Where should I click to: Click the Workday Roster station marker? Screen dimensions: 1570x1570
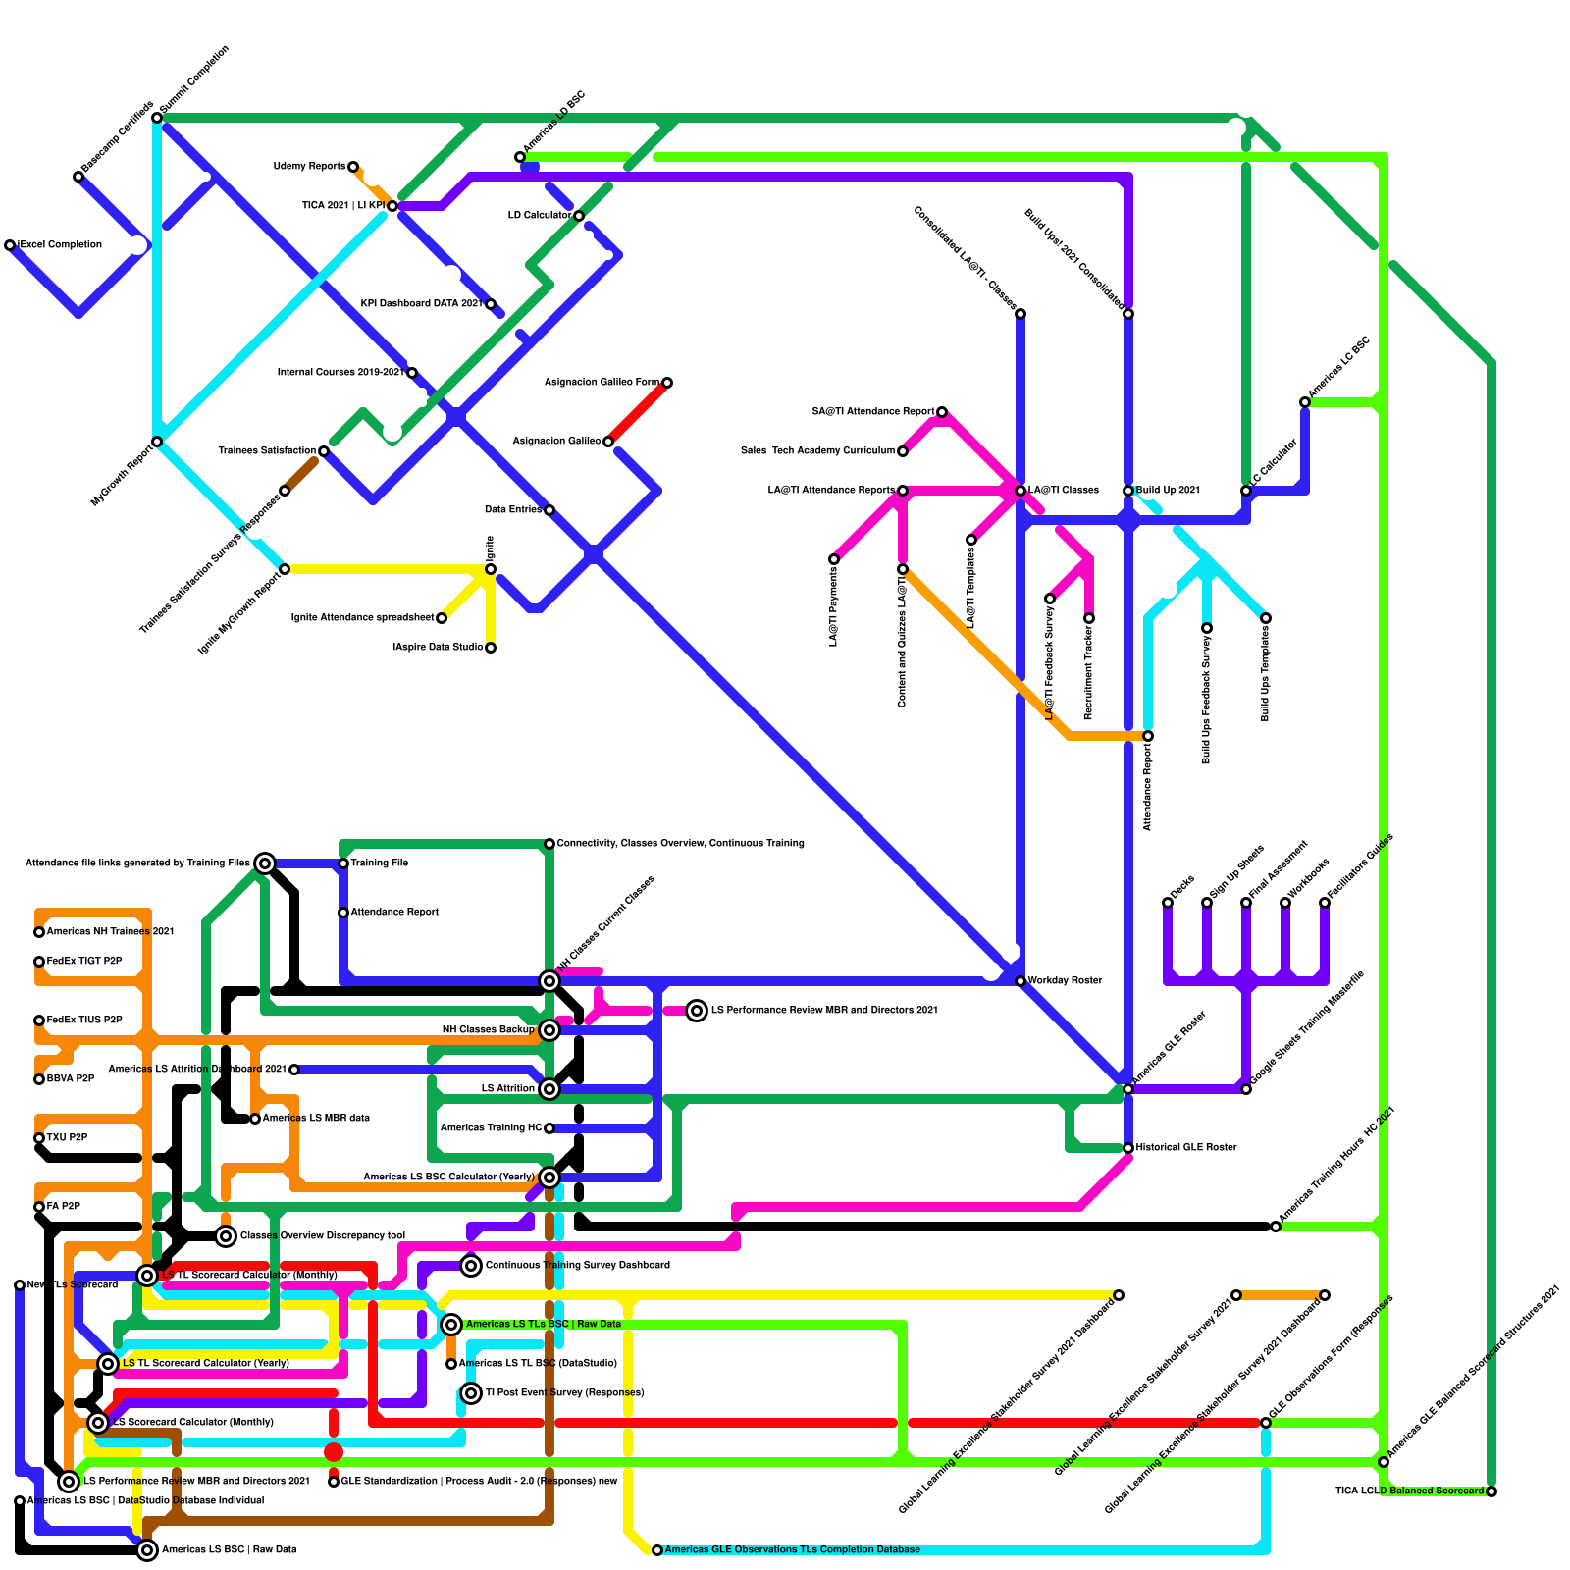tap(1020, 981)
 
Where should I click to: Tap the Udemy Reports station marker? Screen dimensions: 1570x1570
tap(353, 167)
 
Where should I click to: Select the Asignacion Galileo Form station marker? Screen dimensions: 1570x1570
tap(667, 383)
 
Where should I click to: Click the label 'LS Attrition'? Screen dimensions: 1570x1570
tap(507, 1089)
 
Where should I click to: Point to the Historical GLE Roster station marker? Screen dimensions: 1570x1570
tap(1128, 1148)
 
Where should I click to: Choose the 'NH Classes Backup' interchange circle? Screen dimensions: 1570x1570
tap(549, 1030)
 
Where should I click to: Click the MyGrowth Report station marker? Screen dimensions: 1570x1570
tap(157, 442)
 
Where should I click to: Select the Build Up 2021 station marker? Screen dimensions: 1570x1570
tap(1128, 491)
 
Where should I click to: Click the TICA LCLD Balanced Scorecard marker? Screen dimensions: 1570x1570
tap(1491, 1491)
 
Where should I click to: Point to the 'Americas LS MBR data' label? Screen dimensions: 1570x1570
tap(316, 1119)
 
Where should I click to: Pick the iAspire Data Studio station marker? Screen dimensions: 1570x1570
tap(491, 648)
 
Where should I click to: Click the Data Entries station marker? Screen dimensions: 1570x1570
tap(549, 510)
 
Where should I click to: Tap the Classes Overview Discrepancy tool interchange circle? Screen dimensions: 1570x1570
tap(226, 1236)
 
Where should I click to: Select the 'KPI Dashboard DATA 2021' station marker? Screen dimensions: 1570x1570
tap(491, 304)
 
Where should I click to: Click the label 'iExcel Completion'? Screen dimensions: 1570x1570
tap(60, 245)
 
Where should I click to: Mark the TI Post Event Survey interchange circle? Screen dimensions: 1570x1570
tap(471, 1393)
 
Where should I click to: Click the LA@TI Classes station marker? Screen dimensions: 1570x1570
tap(1020, 491)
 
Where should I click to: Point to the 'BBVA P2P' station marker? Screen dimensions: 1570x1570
tap(39, 1079)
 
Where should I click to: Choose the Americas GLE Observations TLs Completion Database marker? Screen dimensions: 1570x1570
tap(657, 1550)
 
